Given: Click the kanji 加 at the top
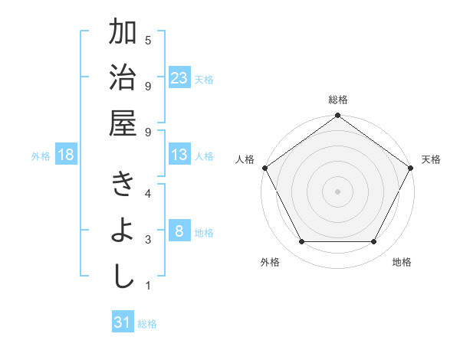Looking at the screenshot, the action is [x=123, y=34].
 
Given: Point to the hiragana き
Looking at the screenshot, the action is [x=123, y=187].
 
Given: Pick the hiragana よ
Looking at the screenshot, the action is [x=123, y=231].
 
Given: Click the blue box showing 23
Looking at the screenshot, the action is [x=179, y=78].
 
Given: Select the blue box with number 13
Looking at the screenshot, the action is [x=179, y=155].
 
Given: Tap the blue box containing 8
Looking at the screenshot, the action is [x=179, y=231].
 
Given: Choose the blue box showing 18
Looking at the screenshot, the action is [x=66, y=155].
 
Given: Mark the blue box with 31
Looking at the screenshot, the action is [x=123, y=322].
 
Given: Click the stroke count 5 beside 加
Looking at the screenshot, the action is [x=148, y=39].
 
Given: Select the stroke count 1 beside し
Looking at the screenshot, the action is [x=148, y=286].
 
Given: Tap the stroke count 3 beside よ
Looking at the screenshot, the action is [x=148, y=240].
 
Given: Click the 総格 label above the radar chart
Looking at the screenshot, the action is [x=337, y=100].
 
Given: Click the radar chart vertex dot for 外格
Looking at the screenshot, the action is [x=301, y=242].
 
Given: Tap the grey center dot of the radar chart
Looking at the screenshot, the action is [x=337, y=191].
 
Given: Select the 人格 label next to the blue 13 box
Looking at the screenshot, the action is [x=204, y=156].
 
